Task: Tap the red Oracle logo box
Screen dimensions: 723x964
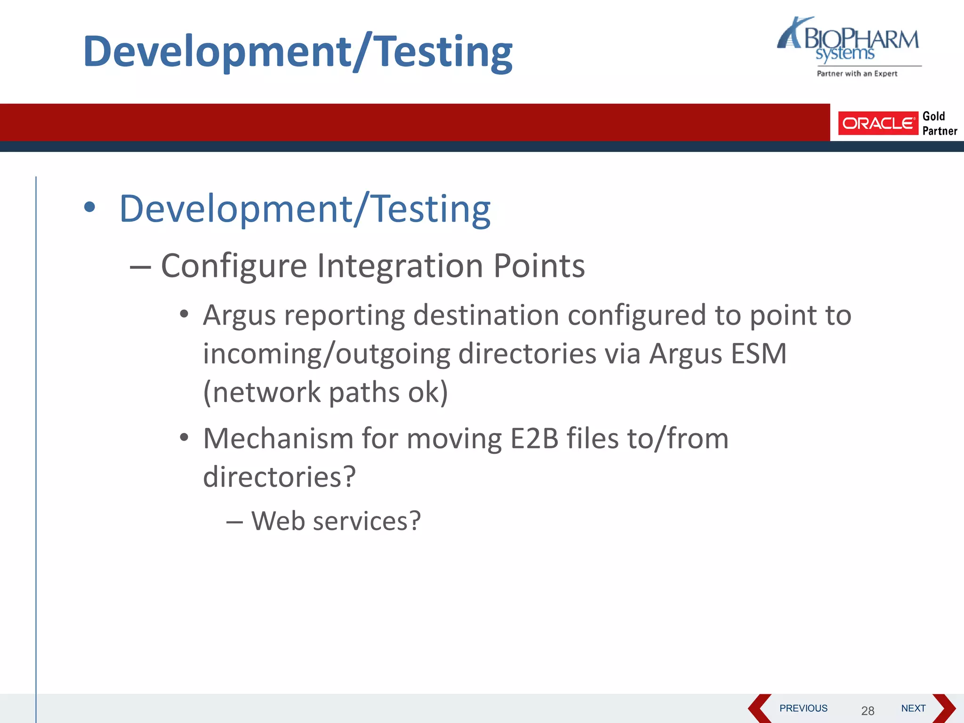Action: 877,123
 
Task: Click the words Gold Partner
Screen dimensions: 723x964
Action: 939,123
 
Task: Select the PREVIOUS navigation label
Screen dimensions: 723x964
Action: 803,708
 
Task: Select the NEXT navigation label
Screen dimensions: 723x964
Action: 913,708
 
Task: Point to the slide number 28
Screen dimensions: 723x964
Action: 868,710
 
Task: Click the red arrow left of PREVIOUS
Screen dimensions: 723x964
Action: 759,708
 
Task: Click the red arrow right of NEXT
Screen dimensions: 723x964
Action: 943,708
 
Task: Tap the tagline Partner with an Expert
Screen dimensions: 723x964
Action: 857,73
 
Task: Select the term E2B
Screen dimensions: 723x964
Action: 534,439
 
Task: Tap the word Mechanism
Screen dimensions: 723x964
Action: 278,439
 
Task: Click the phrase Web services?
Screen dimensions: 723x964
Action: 336,521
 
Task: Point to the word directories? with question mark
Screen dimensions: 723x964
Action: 279,477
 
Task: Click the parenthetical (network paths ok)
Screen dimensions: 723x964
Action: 325,392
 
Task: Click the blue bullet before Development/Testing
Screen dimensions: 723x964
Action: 89,207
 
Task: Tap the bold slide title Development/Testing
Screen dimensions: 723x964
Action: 297,52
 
